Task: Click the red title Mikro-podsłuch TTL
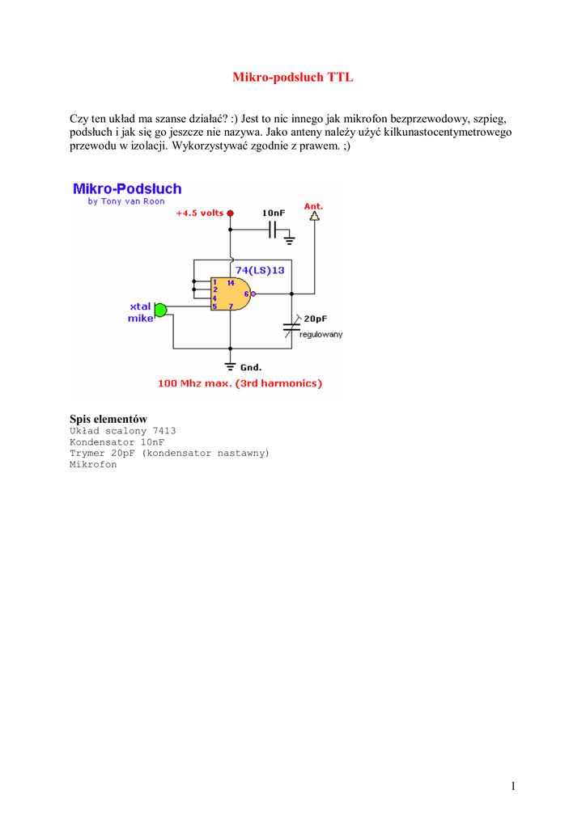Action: click(x=293, y=78)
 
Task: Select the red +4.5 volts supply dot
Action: click(x=230, y=213)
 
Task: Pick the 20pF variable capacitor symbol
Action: click(x=292, y=327)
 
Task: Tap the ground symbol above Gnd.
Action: click(x=230, y=365)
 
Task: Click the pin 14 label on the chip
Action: click(x=231, y=283)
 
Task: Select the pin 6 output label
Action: click(x=246, y=294)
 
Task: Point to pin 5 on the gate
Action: click(x=214, y=306)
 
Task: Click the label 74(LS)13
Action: click(x=260, y=270)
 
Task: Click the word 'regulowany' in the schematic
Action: click(x=322, y=334)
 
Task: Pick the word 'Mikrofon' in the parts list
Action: click(x=93, y=465)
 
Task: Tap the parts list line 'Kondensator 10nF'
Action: click(x=117, y=442)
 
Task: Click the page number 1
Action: click(x=513, y=786)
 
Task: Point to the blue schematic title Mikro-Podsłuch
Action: click(x=127, y=188)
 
